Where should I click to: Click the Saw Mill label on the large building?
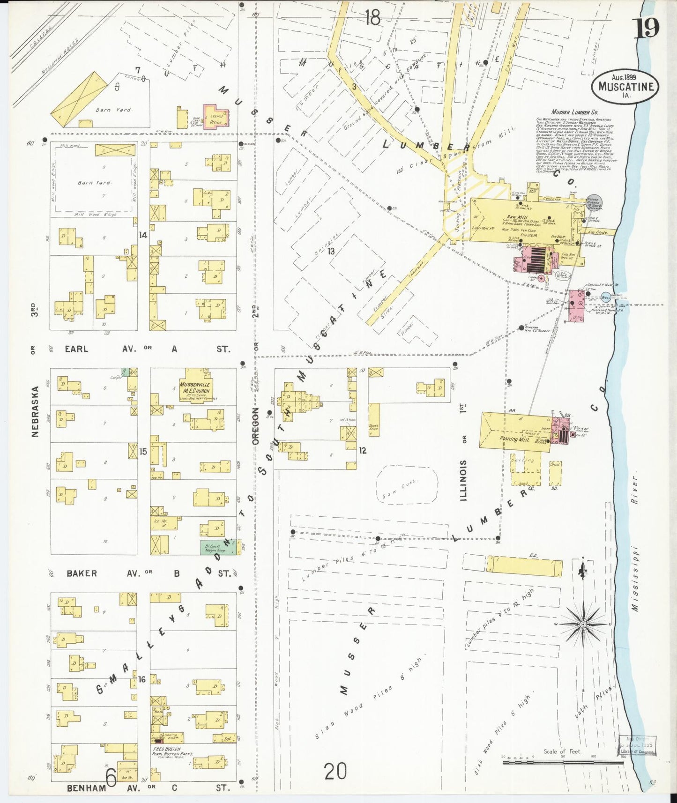point(516,218)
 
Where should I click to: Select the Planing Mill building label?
point(514,439)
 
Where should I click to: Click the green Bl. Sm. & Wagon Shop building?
point(215,547)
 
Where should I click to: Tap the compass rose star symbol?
point(583,625)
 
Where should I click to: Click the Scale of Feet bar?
point(562,763)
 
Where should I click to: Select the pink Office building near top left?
point(216,117)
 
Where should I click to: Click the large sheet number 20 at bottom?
point(335,771)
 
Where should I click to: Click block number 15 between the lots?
point(143,452)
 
